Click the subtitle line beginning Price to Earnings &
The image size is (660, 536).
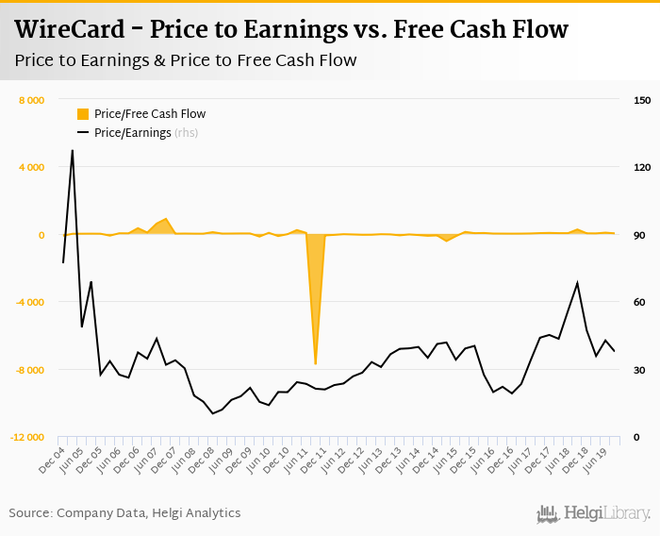186,60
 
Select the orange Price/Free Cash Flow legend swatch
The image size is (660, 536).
83,114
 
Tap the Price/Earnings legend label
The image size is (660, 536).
133,133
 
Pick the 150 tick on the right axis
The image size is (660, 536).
642,100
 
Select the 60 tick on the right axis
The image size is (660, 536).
639,303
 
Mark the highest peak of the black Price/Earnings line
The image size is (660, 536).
72,150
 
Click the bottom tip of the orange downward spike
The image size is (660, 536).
315,364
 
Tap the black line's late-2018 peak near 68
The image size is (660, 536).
577,283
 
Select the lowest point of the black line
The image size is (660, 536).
212,413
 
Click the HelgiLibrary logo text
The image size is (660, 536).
606,513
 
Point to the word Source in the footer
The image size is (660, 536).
30,512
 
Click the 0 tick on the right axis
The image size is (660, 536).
636,438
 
